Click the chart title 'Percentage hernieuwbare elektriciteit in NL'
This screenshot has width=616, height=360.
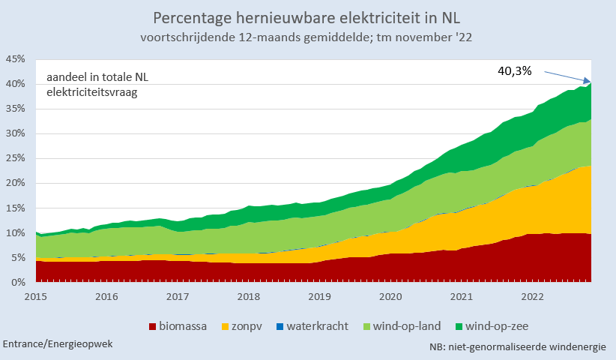tap(307, 17)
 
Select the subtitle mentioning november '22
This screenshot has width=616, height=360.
tap(307, 36)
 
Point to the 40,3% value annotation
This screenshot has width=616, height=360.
tap(514, 70)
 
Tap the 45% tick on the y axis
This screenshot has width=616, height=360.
tap(16, 59)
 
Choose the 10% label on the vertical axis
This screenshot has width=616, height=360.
tap(16, 232)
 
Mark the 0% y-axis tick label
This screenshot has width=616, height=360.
tap(19, 282)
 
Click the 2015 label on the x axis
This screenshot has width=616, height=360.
tap(35, 296)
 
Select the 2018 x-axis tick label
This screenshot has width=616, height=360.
tap(249, 296)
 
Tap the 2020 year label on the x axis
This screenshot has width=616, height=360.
tap(390, 296)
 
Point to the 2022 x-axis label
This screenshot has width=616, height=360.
tap(533, 296)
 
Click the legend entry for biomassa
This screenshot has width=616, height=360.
tap(179, 326)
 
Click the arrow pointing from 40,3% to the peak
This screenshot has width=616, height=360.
tap(567, 76)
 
